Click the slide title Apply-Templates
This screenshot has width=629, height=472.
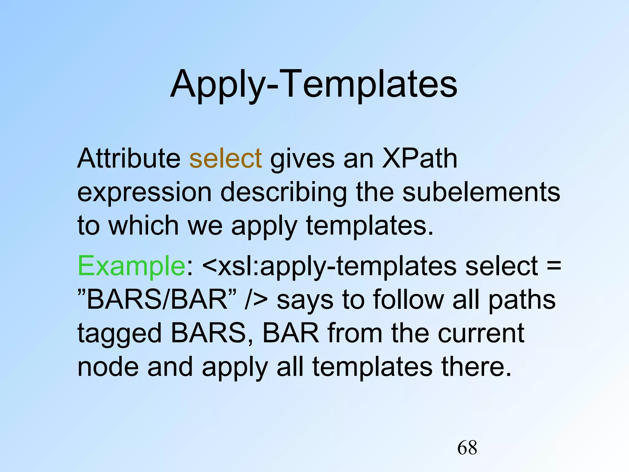[x=314, y=84]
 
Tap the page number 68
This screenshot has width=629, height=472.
[x=467, y=447]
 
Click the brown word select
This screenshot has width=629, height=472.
[x=225, y=159]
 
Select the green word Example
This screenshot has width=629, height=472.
[x=131, y=266]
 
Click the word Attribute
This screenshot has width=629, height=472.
[x=129, y=159]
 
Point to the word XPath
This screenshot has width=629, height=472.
[x=420, y=159]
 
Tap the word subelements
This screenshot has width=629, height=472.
[x=481, y=192]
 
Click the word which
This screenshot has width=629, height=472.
[x=143, y=226]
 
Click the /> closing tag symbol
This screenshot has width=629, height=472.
[x=256, y=300]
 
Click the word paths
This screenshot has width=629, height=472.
[x=522, y=300]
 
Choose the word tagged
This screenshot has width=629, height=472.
[x=119, y=334]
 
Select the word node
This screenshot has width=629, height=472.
[x=108, y=367]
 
